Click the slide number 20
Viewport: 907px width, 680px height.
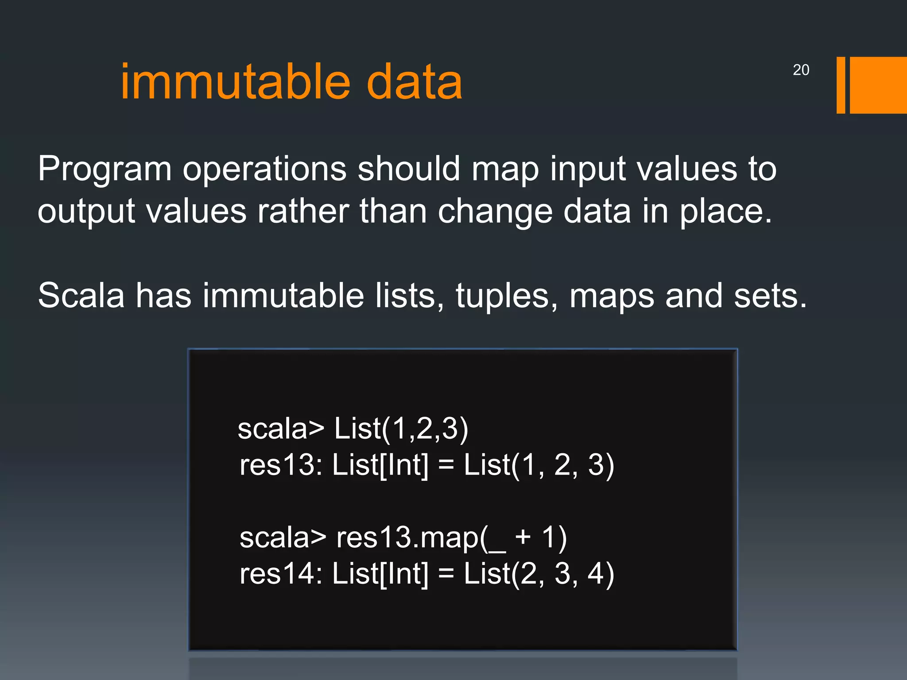pyautogui.click(x=801, y=70)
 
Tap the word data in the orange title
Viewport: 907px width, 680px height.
pyautogui.click(x=415, y=82)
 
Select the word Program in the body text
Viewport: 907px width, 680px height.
pyautogui.click(x=105, y=170)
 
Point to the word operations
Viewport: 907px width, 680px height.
pyautogui.click(x=264, y=170)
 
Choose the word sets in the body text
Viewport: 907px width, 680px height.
pyautogui.click(x=770, y=296)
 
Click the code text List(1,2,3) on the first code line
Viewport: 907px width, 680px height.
pyautogui.click(x=401, y=429)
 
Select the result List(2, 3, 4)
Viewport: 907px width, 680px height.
pyautogui.click(x=539, y=574)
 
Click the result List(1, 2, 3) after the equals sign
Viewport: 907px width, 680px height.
pyautogui.click(x=539, y=465)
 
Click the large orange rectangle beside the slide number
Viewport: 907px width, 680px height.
pyautogui.click(x=878, y=85)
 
